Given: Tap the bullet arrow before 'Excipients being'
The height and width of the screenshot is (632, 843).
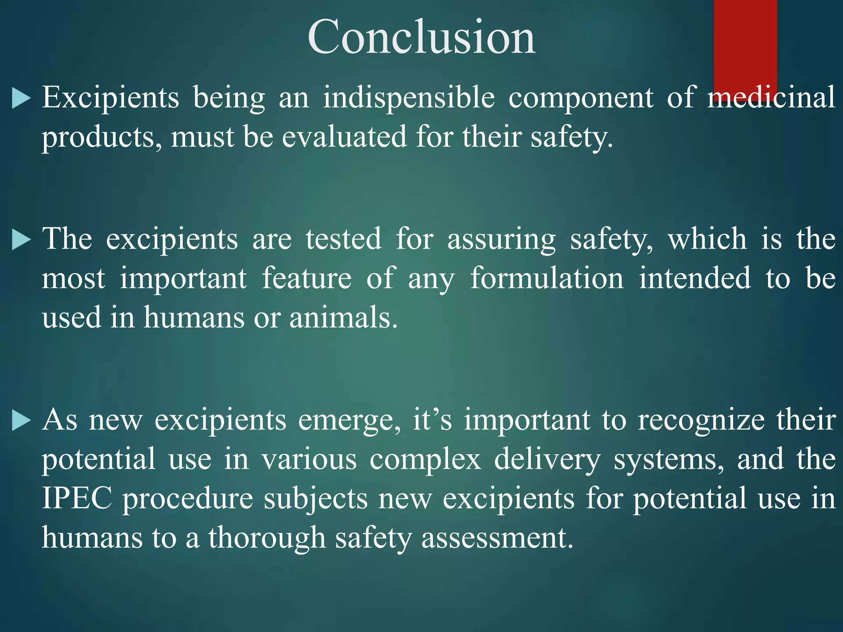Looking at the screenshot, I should (x=21, y=99).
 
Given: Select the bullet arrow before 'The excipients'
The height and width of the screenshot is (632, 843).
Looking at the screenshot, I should (x=21, y=240).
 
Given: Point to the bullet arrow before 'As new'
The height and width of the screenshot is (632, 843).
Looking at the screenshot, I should (x=21, y=421).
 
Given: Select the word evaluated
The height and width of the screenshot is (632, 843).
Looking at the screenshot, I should (x=344, y=137).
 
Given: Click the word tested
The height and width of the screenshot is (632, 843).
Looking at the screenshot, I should (x=343, y=239).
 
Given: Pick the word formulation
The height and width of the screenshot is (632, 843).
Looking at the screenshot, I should (x=547, y=279).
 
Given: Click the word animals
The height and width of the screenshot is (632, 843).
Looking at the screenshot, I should (x=343, y=318).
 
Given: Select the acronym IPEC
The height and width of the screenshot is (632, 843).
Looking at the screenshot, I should (x=77, y=498).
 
